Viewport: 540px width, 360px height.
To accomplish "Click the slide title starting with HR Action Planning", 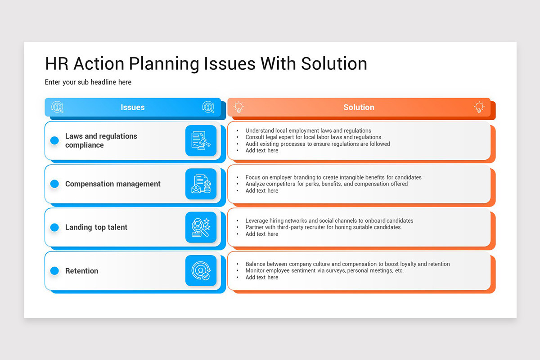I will tap(206, 64).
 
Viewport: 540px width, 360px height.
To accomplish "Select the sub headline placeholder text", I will tap(88, 82).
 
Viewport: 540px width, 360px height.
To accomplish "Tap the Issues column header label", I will tap(133, 107).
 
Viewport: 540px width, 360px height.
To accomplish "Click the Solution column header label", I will tap(359, 107).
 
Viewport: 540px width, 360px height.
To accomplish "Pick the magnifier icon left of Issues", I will tap(57, 107).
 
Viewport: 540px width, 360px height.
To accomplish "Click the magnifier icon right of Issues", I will tap(208, 107).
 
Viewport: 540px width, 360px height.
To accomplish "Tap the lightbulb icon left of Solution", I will tap(238, 107).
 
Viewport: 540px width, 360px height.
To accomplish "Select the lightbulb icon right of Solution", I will tap(479, 107).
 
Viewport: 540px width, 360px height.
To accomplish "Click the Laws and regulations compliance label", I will tap(101, 140).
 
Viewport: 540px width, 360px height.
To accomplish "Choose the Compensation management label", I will tap(112, 184).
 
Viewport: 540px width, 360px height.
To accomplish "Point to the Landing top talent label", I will tap(96, 227).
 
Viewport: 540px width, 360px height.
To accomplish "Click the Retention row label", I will tap(81, 271).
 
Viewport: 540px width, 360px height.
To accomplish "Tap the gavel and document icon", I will tap(201, 140).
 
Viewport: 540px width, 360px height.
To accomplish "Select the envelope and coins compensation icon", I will tap(201, 184).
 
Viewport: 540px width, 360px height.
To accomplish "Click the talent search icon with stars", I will tap(201, 227).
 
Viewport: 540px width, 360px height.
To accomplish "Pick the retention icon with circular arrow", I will tap(201, 271).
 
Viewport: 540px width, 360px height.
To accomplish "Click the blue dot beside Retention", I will tap(54, 271).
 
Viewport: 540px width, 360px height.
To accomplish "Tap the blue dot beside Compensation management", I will tap(54, 184).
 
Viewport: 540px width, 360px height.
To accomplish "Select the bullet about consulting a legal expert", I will tap(314, 137).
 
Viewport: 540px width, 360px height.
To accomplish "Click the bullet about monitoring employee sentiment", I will tap(324, 271).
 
